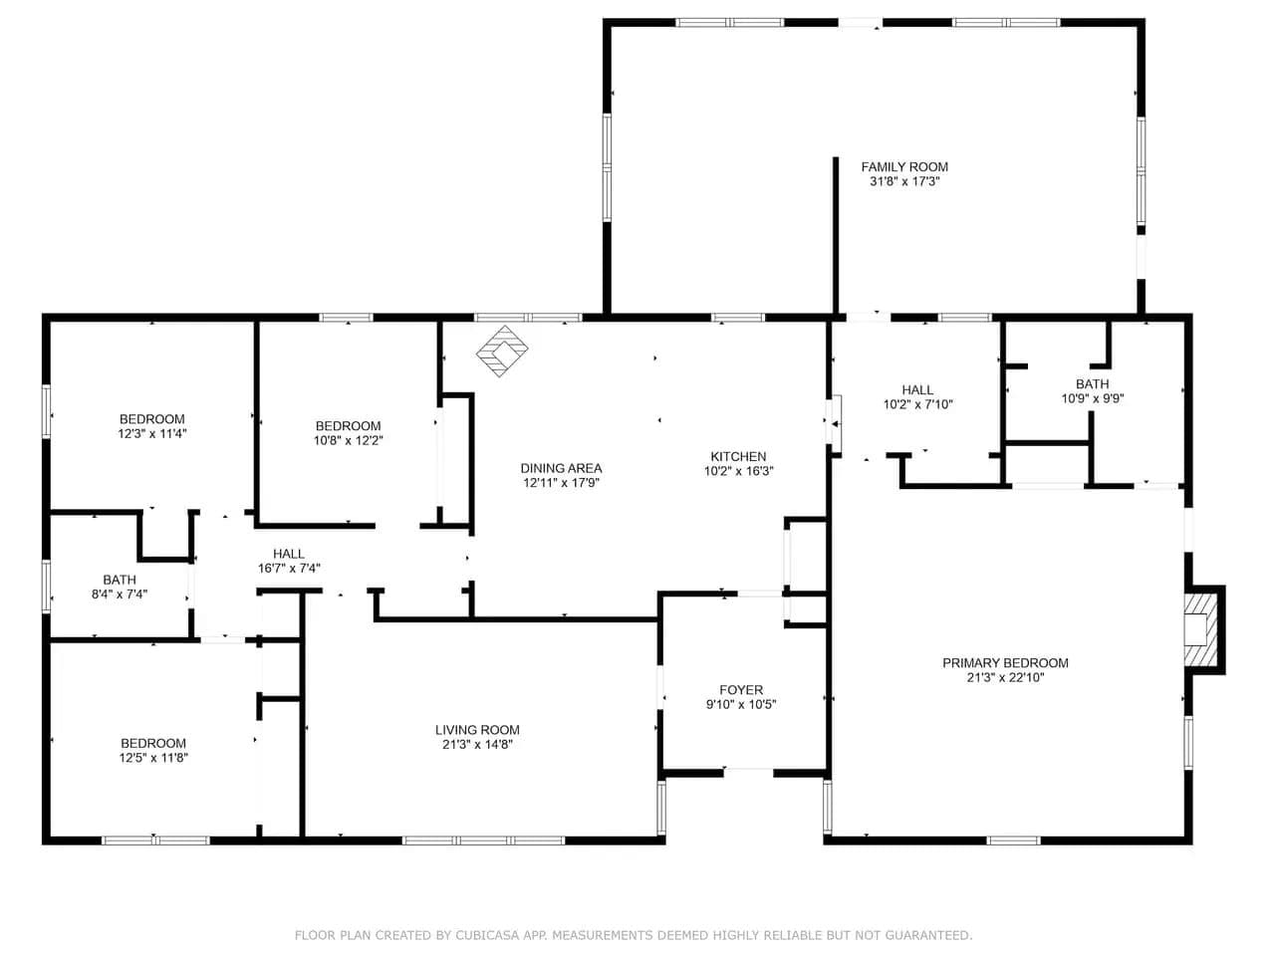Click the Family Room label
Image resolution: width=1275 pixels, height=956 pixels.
(x=904, y=167)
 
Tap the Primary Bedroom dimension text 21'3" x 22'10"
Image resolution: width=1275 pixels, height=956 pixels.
(x=1005, y=677)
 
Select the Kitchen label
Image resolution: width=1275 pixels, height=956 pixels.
(x=738, y=456)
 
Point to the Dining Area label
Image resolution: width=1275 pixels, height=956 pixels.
(x=561, y=468)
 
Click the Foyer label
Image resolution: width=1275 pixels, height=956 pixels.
(x=741, y=689)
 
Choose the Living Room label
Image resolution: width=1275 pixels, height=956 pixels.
(x=477, y=730)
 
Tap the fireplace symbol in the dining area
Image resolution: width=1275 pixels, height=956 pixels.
(x=502, y=351)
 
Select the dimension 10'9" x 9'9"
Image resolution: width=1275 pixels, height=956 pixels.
(x=1093, y=398)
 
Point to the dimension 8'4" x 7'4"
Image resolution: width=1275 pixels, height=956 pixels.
(x=120, y=594)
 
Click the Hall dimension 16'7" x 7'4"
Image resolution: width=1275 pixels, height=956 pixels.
(x=289, y=569)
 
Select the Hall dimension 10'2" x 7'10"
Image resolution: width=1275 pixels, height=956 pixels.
(x=917, y=404)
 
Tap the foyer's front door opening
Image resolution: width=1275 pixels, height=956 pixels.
(x=748, y=773)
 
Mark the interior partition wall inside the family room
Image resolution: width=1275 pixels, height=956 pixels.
(x=836, y=236)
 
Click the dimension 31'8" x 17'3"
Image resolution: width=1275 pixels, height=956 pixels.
(x=904, y=181)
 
